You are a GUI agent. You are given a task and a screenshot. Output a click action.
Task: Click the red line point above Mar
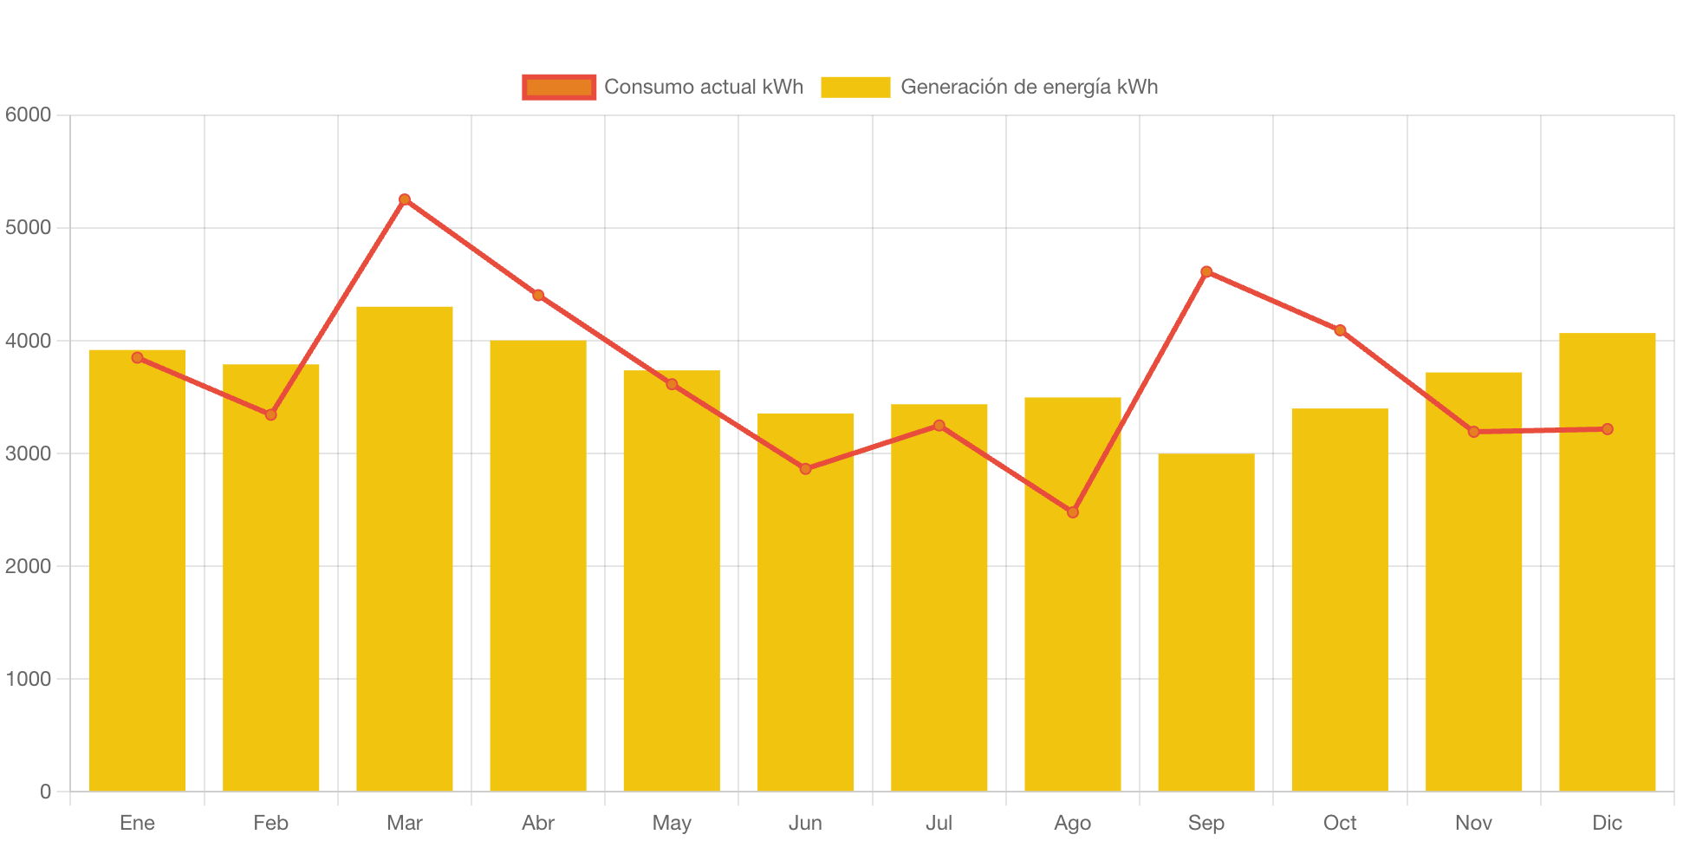(404, 199)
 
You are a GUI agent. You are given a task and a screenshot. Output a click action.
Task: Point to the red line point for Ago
(1073, 512)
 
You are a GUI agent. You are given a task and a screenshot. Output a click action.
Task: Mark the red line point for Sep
(1205, 271)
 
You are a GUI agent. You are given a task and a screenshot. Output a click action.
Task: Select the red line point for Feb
(270, 414)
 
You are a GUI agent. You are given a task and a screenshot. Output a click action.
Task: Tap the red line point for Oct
(1340, 330)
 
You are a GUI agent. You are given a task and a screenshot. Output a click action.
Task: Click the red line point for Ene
(137, 357)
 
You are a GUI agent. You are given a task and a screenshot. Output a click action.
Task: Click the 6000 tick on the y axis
(28, 114)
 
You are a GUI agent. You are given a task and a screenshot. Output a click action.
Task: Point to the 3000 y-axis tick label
(28, 453)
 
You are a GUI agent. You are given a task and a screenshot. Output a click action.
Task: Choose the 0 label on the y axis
(45, 792)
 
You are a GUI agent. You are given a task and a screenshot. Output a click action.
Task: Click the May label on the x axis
(672, 823)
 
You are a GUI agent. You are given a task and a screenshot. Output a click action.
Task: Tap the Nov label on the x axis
(1473, 823)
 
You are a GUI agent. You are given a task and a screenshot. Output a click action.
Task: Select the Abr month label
(537, 823)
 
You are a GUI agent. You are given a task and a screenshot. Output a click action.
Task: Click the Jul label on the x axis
(939, 823)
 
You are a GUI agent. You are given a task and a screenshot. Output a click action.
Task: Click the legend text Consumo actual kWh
(704, 87)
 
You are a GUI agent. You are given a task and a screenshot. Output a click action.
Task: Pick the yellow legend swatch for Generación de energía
(855, 87)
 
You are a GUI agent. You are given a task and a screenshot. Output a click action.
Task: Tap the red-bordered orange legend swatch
(559, 87)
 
